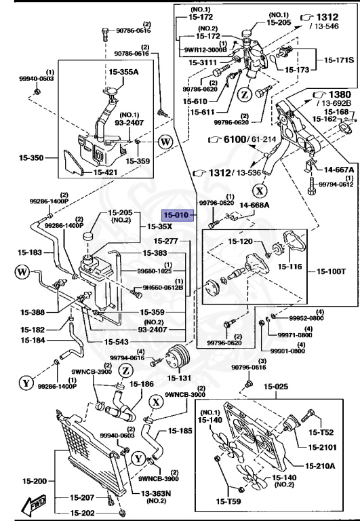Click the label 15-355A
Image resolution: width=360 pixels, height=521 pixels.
click(123, 71)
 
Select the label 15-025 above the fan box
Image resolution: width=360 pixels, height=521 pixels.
click(276, 387)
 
